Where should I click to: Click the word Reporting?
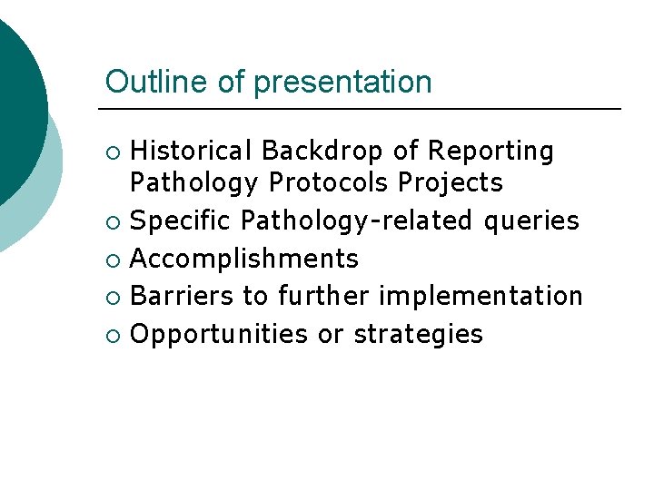(490, 152)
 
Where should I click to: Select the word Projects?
(451, 182)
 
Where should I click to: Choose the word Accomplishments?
(244, 260)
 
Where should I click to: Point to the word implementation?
(481, 297)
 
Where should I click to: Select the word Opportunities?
(220, 335)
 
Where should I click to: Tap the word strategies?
(419, 335)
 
